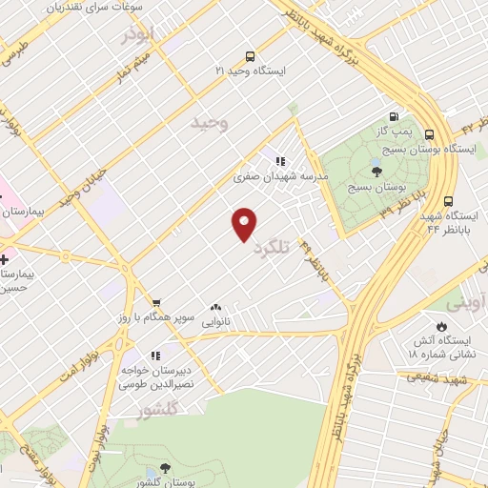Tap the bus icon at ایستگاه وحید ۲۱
pos(250,55)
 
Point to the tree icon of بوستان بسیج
pos(376,172)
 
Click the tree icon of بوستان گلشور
pos(165,467)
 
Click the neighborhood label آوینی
pos(470,304)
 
